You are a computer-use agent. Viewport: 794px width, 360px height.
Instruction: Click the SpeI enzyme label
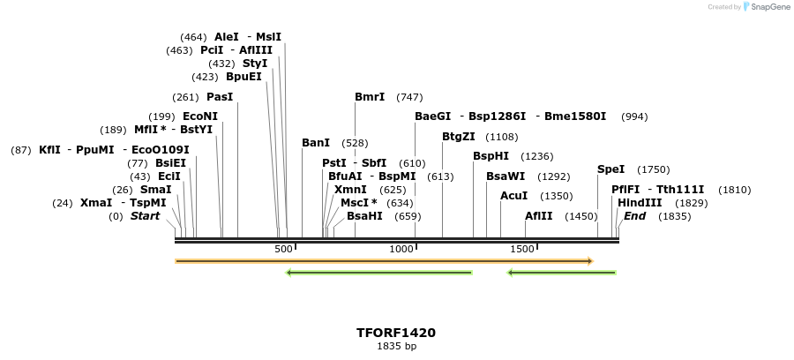point(610,169)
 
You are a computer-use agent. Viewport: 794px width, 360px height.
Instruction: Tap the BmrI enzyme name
point(370,97)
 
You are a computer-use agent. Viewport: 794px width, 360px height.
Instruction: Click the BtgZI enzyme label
point(459,137)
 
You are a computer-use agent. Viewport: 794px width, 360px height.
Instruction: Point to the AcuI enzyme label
point(513,196)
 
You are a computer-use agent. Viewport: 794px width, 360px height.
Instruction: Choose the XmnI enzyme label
point(350,190)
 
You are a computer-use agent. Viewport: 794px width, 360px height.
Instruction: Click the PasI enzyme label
point(220,97)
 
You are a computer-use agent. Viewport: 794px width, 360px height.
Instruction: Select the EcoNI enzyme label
point(200,116)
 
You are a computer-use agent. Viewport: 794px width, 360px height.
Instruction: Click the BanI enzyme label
point(316,143)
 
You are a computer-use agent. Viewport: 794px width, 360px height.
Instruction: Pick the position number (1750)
point(654,169)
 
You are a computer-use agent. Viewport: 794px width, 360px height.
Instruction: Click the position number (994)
point(634,116)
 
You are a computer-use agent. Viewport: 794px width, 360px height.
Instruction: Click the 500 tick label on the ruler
point(283,250)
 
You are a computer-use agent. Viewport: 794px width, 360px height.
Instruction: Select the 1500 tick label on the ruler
point(522,250)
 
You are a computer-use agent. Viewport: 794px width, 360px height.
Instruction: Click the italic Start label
point(146,216)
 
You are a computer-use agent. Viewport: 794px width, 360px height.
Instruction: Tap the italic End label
point(634,216)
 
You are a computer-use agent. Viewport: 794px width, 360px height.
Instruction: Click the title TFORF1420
point(396,333)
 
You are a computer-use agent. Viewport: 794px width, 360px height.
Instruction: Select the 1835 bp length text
point(396,347)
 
